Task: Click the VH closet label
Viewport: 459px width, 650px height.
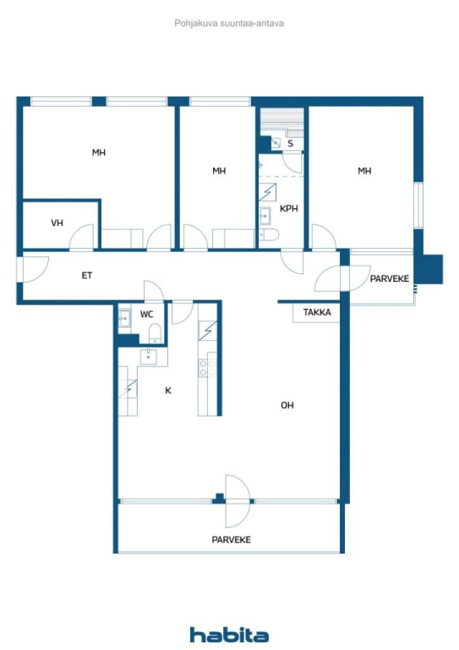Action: [x=57, y=223]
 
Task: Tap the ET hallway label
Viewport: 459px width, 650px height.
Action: [x=87, y=275]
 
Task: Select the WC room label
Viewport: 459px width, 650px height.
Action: [x=146, y=314]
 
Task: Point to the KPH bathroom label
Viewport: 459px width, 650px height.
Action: [x=289, y=208]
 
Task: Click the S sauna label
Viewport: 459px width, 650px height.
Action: [x=290, y=143]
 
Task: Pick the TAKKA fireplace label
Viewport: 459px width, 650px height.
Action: [x=317, y=312]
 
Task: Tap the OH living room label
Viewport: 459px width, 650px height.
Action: [x=287, y=405]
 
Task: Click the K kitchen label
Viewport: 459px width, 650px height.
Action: [x=168, y=390]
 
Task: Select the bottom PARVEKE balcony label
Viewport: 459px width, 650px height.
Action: [x=231, y=540]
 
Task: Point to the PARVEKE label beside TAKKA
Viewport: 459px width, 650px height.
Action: [x=389, y=279]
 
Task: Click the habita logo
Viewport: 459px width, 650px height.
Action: [x=229, y=635]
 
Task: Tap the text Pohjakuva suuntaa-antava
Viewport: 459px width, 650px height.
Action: [x=229, y=23]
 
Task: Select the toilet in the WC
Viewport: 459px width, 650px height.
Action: [x=155, y=334]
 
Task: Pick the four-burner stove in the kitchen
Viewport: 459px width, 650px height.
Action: [x=207, y=368]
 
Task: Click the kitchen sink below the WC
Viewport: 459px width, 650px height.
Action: [x=148, y=357]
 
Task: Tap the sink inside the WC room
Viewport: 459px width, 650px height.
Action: [x=124, y=319]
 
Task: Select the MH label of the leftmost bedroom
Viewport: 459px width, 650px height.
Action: [x=98, y=152]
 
